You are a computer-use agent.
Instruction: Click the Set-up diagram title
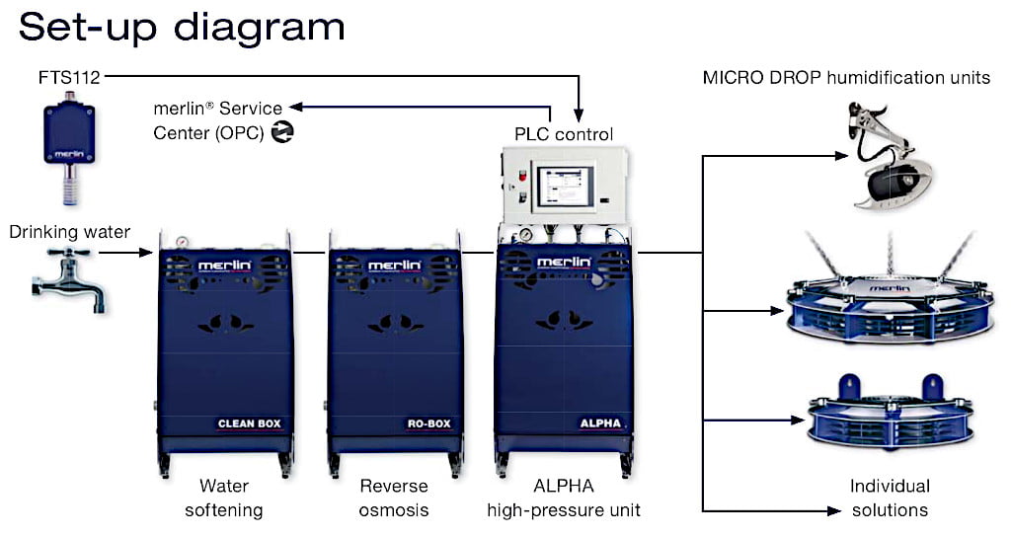tap(182, 27)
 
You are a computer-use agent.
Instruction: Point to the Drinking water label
tap(70, 233)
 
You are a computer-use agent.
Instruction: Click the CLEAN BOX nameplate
tap(250, 424)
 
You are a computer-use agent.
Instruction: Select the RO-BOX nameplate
tap(428, 424)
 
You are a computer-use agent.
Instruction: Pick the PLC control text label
tap(564, 134)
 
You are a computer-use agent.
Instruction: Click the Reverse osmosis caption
tap(393, 498)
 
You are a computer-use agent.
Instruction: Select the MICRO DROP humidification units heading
tap(846, 77)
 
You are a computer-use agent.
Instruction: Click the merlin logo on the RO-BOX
tap(394, 266)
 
